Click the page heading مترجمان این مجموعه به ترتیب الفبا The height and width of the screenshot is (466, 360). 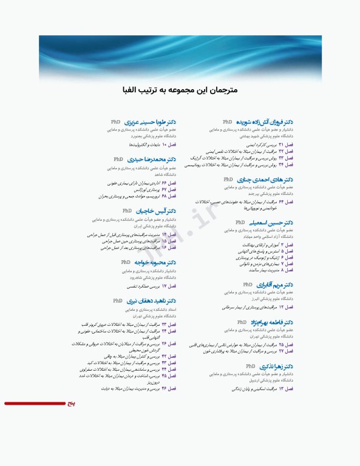pos(179,90)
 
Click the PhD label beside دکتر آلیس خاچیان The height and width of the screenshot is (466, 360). pos(127,211)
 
